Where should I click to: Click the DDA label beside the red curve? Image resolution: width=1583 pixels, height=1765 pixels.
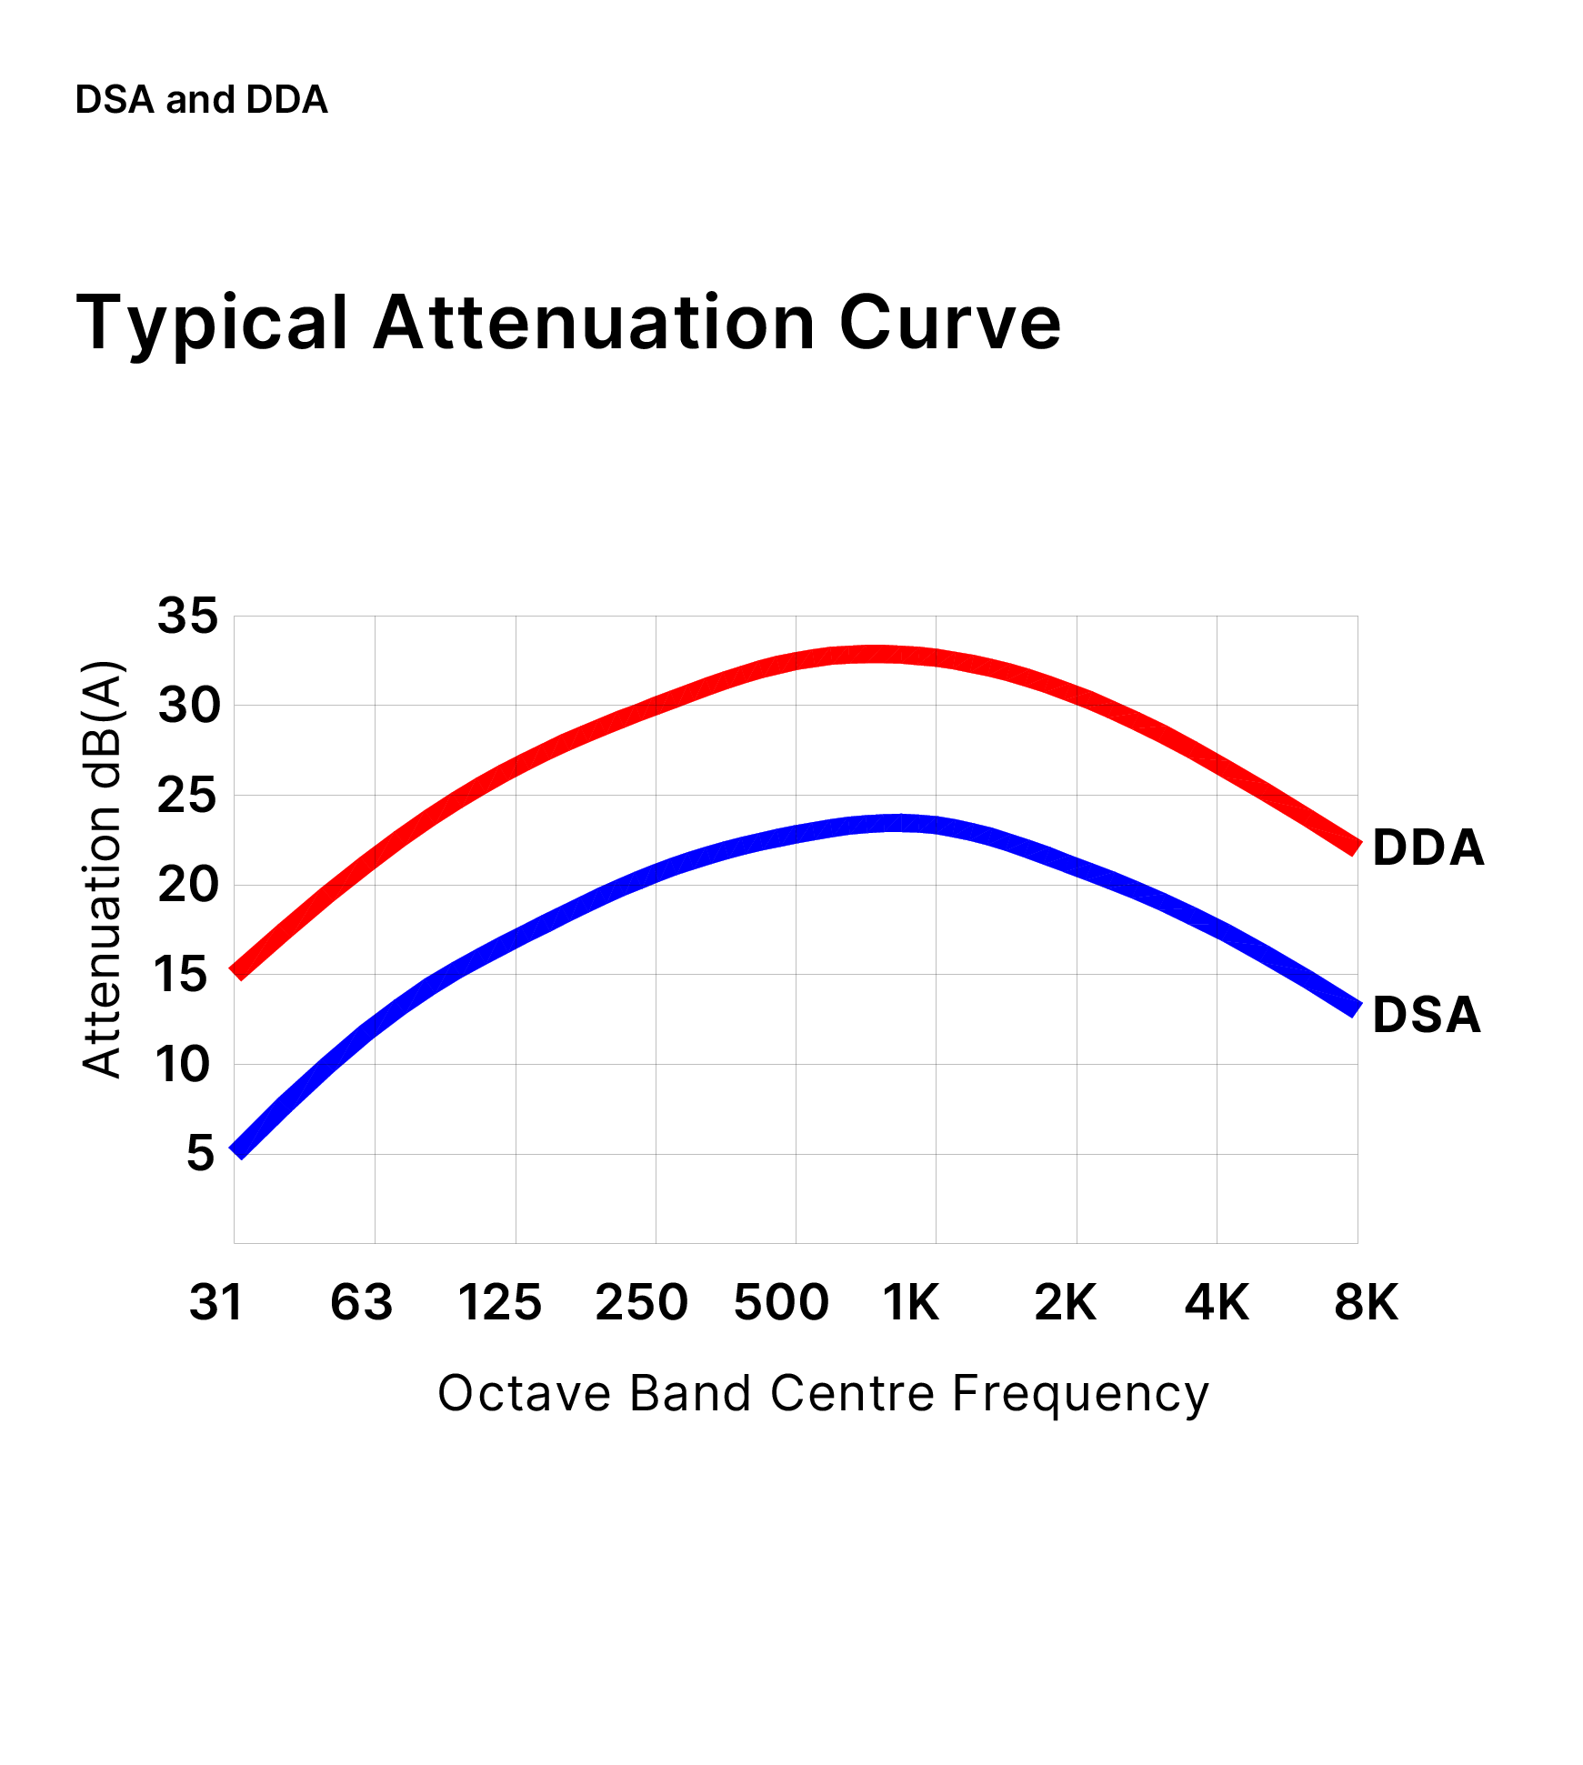[x=1428, y=847]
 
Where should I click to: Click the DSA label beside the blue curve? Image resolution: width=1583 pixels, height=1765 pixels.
[x=1426, y=1014]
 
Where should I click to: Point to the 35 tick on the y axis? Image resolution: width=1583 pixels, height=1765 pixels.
[x=188, y=616]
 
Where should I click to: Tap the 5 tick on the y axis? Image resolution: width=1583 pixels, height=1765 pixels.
[x=201, y=1153]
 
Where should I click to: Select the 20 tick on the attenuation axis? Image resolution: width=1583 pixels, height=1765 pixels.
[x=188, y=884]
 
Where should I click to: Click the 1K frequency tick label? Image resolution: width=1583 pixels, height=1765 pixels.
[x=910, y=1302]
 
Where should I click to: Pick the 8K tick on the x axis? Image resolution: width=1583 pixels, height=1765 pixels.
[x=1366, y=1302]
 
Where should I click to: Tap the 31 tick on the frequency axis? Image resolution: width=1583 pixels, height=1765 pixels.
[x=216, y=1302]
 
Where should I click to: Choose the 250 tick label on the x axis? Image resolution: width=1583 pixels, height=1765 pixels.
[x=641, y=1302]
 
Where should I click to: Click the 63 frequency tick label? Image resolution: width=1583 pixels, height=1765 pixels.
[x=361, y=1302]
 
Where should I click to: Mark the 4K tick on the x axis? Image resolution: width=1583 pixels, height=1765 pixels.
[x=1217, y=1302]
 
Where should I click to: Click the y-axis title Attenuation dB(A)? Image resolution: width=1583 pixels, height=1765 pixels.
[x=102, y=869]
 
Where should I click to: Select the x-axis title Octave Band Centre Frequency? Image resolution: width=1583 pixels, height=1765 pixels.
[x=823, y=1393]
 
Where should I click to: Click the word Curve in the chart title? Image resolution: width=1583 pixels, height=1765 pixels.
[x=949, y=323]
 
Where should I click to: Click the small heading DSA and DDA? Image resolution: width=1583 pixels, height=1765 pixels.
[x=201, y=99]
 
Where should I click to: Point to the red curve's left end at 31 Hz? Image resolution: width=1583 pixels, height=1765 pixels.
[x=237, y=971]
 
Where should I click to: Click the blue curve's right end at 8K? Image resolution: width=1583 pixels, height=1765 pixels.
[x=1355, y=1008]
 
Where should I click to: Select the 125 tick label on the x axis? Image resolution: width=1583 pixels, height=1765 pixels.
[x=499, y=1302]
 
